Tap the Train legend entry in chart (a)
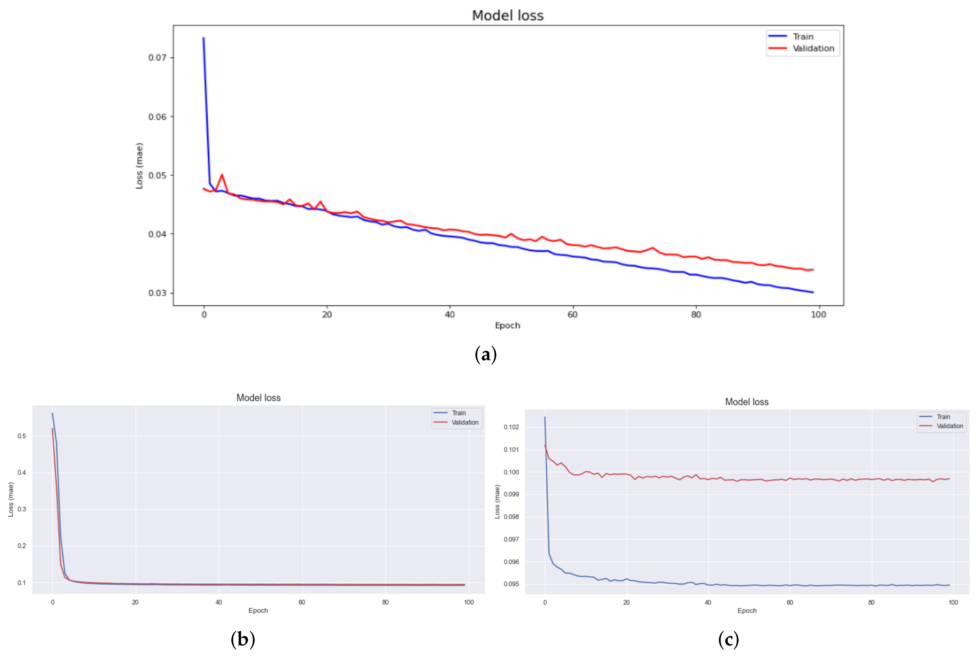pyautogui.click(x=802, y=37)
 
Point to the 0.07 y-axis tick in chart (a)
pyautogui.click(x=157, y=58)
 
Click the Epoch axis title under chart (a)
pyautogui.click(x=507, y=325)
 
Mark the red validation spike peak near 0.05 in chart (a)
pyautogui.click(x=222, y=175)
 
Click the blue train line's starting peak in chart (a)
pyautogui.click(x=204, y=38)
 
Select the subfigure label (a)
pyautogui.click(x=485, y=354)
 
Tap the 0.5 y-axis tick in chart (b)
pyautogui.click(x=21, y=436)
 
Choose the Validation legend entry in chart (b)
pyautogui.click(x=465, y=422)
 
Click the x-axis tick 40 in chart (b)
pyautogui.click(x=219, y=602)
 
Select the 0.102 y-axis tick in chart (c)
pyautogui.click(x=511, y=427)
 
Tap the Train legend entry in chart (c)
pyautogui.click(x=943, y=417)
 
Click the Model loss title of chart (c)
pyautogui.click(x=746, y=402)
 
